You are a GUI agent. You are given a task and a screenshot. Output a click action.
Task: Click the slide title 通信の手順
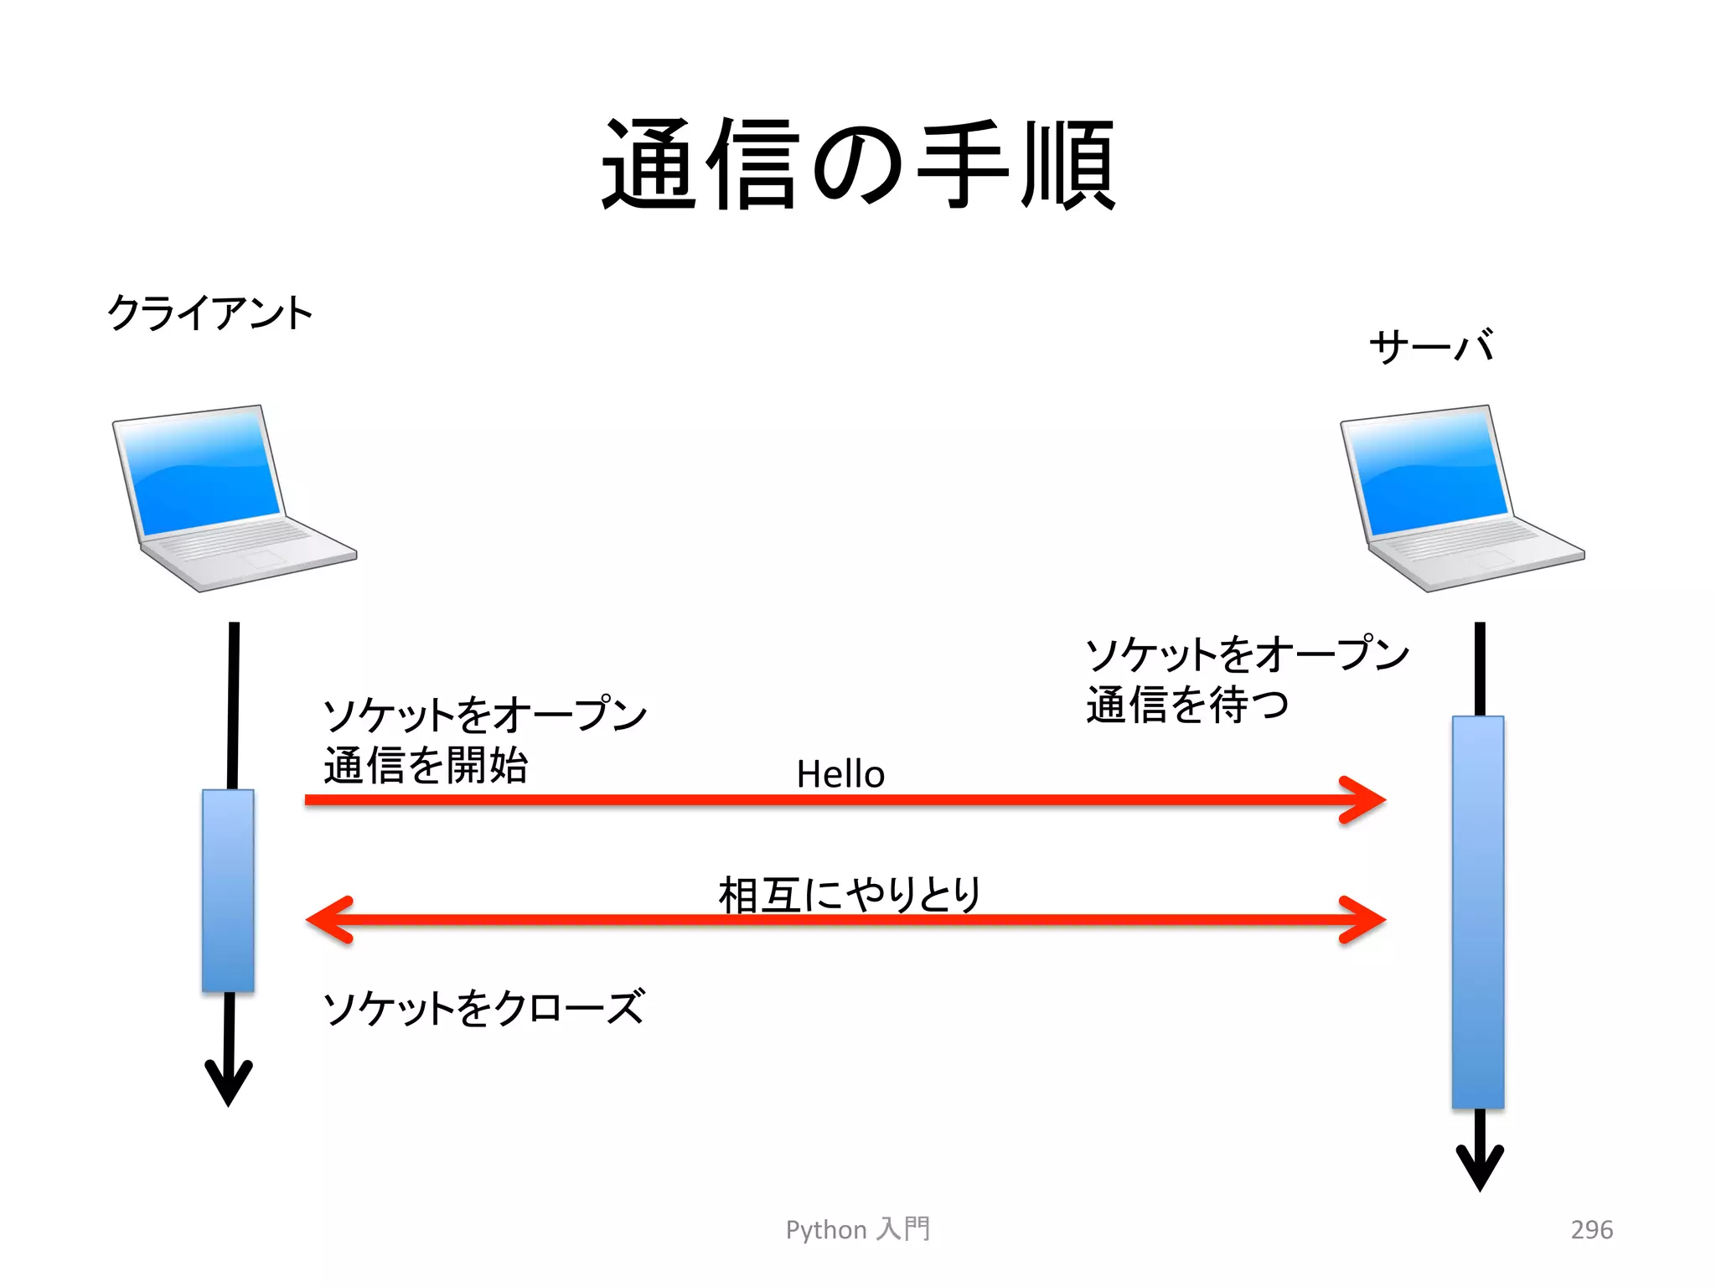point(858,163)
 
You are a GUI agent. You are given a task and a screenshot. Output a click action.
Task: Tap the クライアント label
point(209,313)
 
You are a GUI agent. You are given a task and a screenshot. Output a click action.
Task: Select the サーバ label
point(1431,345)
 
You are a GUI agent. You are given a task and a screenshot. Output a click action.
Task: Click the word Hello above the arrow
point(840,773)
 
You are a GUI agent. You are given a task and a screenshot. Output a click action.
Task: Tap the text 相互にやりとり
point(850,894)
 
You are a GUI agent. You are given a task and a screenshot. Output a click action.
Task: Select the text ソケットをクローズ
point(484,1007)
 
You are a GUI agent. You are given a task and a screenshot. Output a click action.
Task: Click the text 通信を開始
point(426,765)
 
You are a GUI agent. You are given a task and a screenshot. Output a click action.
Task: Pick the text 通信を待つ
point(1187,704)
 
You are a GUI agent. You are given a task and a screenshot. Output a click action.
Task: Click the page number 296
point(1591,1229)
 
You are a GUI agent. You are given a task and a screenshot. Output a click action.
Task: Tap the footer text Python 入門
point(858,1229)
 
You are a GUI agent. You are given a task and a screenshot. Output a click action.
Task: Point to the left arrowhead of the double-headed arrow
point(328,920)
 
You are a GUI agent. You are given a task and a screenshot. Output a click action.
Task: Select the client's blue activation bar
point(228,890)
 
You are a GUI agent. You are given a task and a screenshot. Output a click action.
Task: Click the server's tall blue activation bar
point(1478,912)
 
